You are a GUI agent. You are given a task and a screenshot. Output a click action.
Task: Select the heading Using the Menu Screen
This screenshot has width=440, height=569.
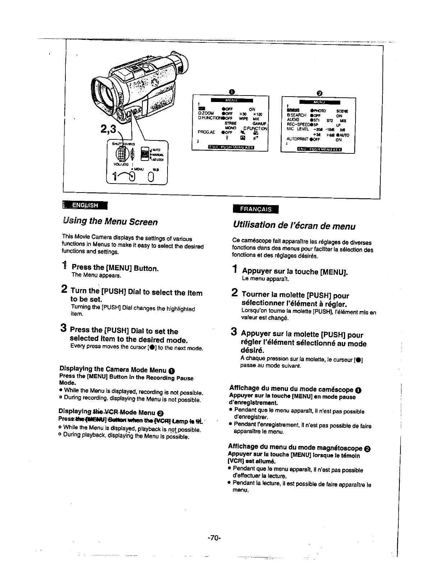(110, 222)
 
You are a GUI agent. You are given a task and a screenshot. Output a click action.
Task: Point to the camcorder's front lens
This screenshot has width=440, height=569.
(107, 93)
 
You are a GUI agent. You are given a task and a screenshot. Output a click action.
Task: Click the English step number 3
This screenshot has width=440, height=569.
(63, 328)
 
